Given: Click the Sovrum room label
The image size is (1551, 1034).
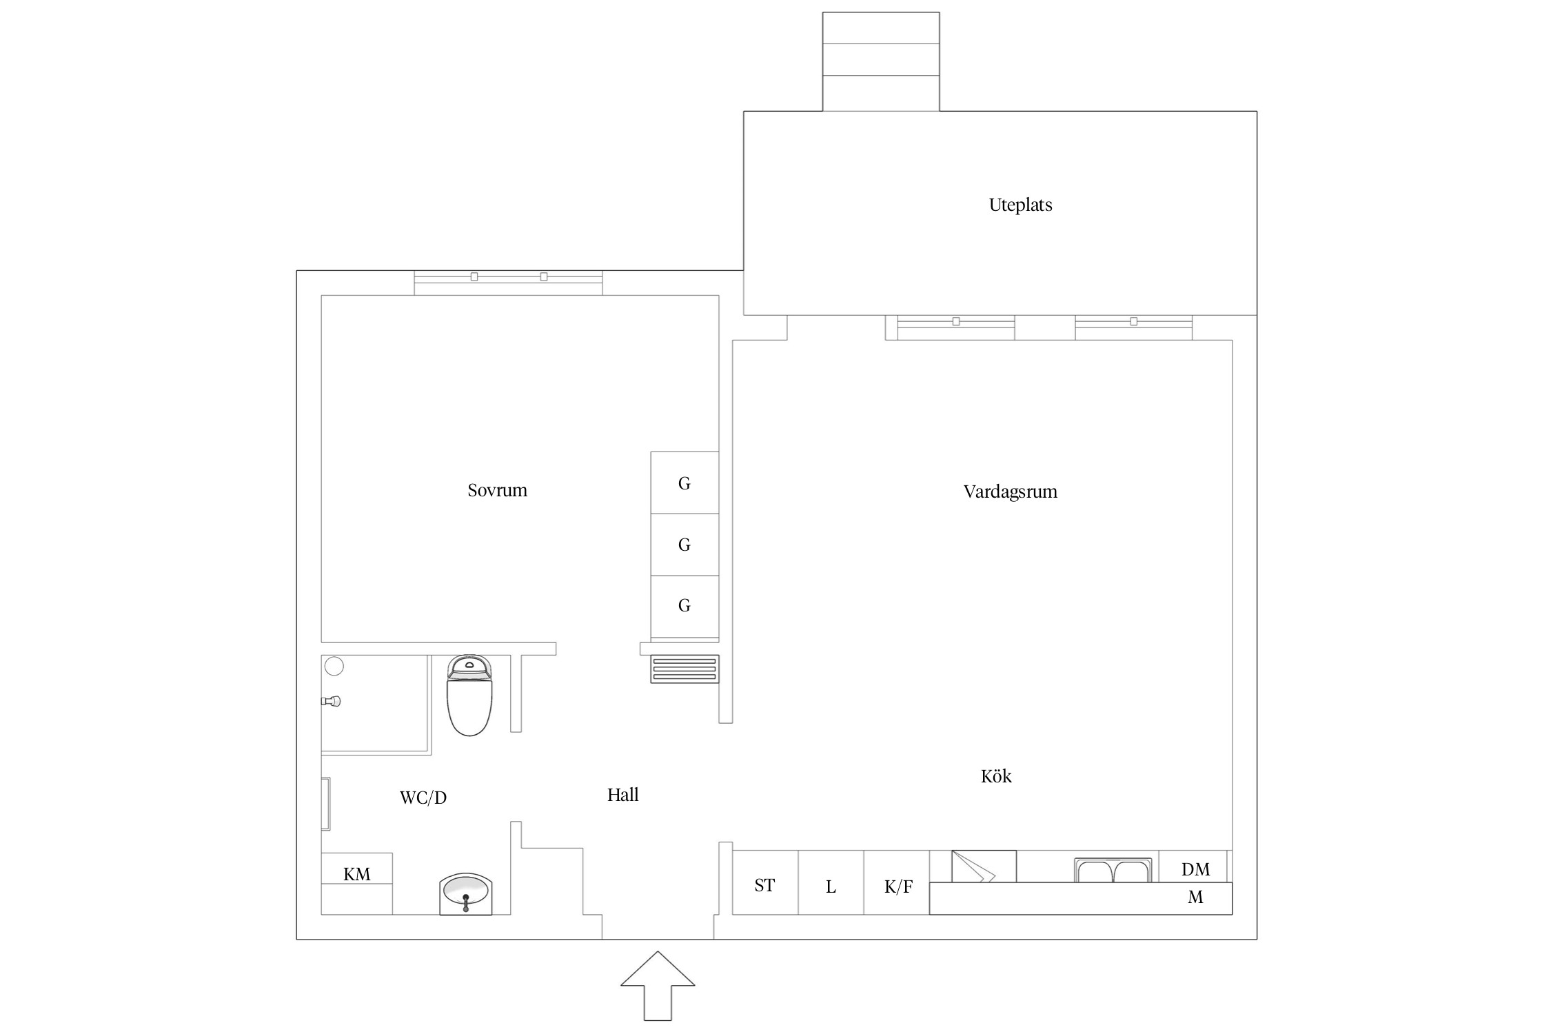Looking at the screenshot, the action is point(497,490).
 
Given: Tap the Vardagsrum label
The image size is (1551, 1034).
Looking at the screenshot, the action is point(1010,491).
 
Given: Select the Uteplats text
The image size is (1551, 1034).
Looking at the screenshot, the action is point(1020,205).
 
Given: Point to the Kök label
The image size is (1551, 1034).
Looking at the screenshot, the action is point(996,776).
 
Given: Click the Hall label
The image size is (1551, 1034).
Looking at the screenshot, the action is point(622,795).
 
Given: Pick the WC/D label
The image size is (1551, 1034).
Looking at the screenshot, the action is point(423,798).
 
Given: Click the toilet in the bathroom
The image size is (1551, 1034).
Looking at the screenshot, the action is point(469,695).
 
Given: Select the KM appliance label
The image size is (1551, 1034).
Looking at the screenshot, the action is point(357,874).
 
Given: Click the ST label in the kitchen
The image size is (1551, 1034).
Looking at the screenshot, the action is point(764,885).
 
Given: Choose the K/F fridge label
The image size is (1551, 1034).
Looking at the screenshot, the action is point(898,886).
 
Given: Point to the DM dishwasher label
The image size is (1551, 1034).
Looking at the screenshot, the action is point(1195,869).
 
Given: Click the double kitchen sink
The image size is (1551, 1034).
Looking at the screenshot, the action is point(1113,870).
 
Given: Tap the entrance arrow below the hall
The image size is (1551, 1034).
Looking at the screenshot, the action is point(658,986).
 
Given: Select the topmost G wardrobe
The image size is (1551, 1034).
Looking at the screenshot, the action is point(685,483).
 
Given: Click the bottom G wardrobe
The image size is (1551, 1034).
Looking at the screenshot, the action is point(685,606).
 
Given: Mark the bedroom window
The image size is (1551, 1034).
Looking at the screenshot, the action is point(508,283).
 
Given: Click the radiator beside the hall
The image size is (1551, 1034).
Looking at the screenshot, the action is point(685,669).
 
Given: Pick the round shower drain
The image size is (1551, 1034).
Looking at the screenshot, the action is point(334,667).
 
